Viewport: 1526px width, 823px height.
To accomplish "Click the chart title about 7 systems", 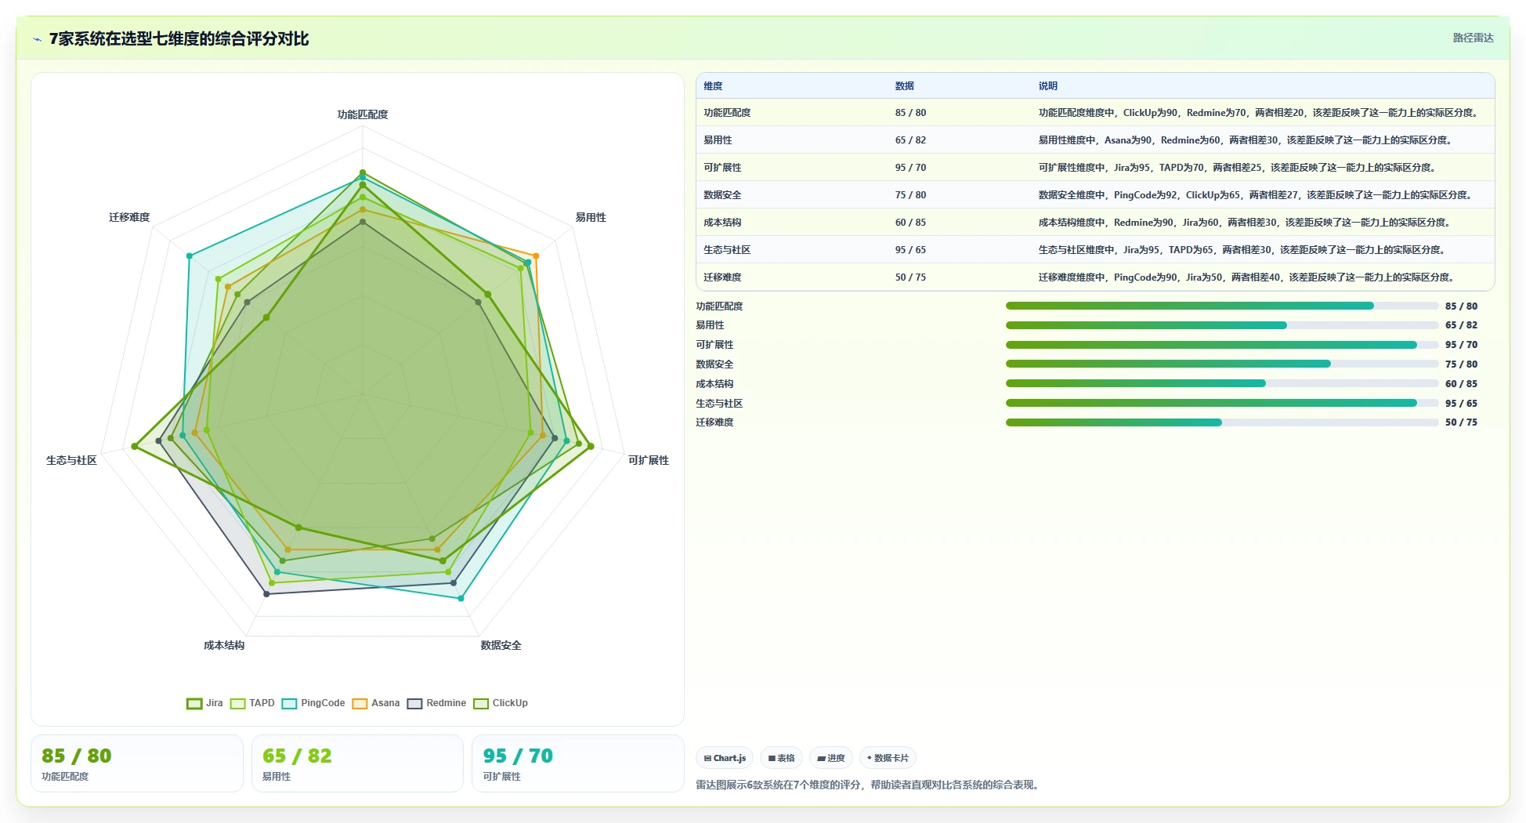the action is pos(179,38).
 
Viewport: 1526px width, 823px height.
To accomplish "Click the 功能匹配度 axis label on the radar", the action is pos(363,114).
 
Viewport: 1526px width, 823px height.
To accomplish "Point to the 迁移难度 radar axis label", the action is pos(129,217).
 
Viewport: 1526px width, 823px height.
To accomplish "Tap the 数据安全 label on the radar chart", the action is pos(501,645).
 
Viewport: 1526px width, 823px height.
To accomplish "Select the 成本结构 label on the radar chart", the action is pos(224,645).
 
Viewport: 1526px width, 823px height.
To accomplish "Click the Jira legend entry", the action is pos(204,703).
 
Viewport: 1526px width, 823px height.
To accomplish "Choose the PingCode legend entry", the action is pos(313,703).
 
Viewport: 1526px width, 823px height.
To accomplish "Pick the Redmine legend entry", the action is pos(436,703).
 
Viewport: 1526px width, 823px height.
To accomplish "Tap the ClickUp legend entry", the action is pos(501,703).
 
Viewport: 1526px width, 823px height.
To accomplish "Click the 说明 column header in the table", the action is pos(1048,86).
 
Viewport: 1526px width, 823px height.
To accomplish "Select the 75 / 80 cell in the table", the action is pos(910,195).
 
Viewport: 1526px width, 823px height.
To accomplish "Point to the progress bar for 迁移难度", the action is pos(1222,422).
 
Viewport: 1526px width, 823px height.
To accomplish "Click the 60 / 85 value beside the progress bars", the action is pos(1461,384).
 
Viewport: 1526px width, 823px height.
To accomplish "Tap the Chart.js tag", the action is pos(725,758).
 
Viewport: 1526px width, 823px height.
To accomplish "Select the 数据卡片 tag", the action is pos(888,758).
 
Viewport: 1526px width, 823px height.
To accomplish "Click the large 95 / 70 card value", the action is pos(518,756).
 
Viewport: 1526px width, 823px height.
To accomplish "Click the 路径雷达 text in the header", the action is pos(1473,38).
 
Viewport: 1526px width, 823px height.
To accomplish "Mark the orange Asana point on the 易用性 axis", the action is pos(536,256).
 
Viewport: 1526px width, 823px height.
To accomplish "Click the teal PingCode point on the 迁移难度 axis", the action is pos(189,256).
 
